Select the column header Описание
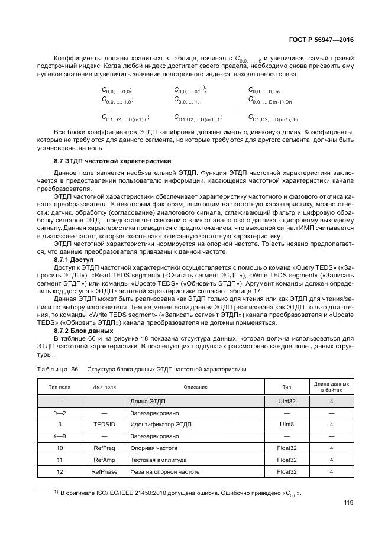click(x=195, y=387)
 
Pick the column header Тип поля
click(x=59, y=387)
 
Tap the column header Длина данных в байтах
click(x=331, y=387)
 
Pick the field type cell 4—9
click(x=59, y=436)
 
